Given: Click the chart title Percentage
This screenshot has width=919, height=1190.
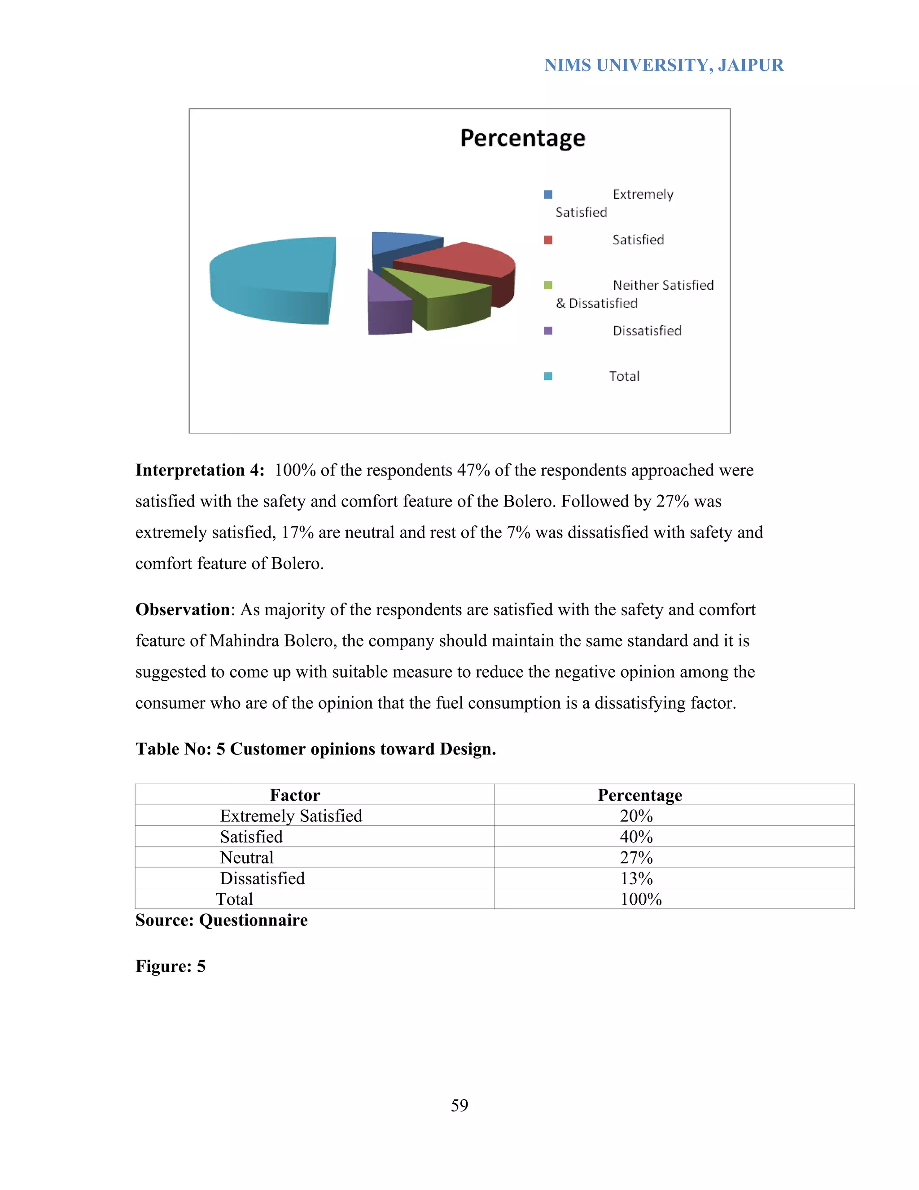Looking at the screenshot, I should [x=522, y=138].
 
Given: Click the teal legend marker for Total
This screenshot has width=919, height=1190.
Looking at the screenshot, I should [x=548, y=376].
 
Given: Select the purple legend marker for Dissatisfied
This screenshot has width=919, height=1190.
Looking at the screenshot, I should [x=548, y=331].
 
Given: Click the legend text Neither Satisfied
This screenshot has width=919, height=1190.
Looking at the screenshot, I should [x=663, y=285].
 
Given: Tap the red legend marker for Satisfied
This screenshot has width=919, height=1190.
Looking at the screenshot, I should [x=548, y=240].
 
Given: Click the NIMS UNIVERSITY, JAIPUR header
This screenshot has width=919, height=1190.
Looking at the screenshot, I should [x=664, y=66].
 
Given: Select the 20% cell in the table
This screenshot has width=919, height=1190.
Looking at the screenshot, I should [x=636, y=815].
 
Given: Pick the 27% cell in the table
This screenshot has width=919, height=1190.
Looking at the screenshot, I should [x=636, y=857].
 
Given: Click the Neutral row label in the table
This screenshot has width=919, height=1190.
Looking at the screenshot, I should [x=247, y=857].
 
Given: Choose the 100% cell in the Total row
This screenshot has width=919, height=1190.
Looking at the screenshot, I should [x=641, y=899].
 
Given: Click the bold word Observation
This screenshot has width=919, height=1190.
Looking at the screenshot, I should [x=182, y=609].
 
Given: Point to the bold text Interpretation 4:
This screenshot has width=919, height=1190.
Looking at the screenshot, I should [x=200, y=470].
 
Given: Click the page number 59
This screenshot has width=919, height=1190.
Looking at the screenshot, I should [x=459, y=1105].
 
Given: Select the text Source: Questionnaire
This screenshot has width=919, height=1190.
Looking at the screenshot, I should [x=222, y=920].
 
